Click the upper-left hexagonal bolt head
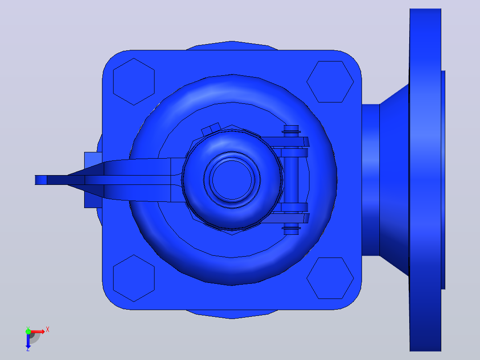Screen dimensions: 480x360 134,82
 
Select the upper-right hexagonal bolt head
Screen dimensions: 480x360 330,82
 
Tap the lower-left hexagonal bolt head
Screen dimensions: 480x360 134,278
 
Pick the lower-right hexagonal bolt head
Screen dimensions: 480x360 330,278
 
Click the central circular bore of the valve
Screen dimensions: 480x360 232,180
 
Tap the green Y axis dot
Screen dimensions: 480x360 28,331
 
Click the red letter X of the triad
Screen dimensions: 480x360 48,330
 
